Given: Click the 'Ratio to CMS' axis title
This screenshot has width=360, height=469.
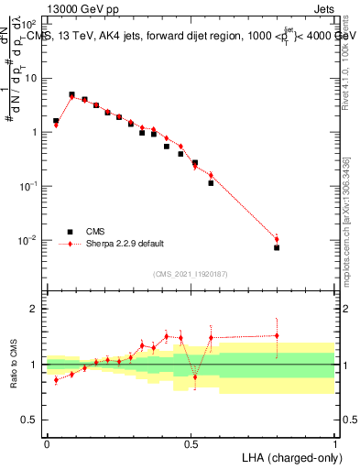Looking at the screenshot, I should pos(14,365).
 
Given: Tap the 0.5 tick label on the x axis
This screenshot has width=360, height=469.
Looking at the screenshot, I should pos(191,442).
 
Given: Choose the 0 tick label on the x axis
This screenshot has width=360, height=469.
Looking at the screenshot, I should pos(47,442).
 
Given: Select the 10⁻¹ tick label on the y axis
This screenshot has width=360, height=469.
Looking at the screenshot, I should pos(31,186).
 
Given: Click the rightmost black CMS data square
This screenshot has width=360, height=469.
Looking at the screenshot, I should pos(277,247).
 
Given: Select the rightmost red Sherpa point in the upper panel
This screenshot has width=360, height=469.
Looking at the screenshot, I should pos(277,240).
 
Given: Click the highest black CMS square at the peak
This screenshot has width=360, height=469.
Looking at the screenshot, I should pos(71,94).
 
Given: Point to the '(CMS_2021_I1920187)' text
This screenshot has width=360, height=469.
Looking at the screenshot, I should pos(191,273).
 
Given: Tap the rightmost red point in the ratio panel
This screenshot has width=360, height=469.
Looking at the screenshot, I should pos(277,335).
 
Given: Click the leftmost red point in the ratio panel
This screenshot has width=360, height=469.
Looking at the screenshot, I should pos(56,379).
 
